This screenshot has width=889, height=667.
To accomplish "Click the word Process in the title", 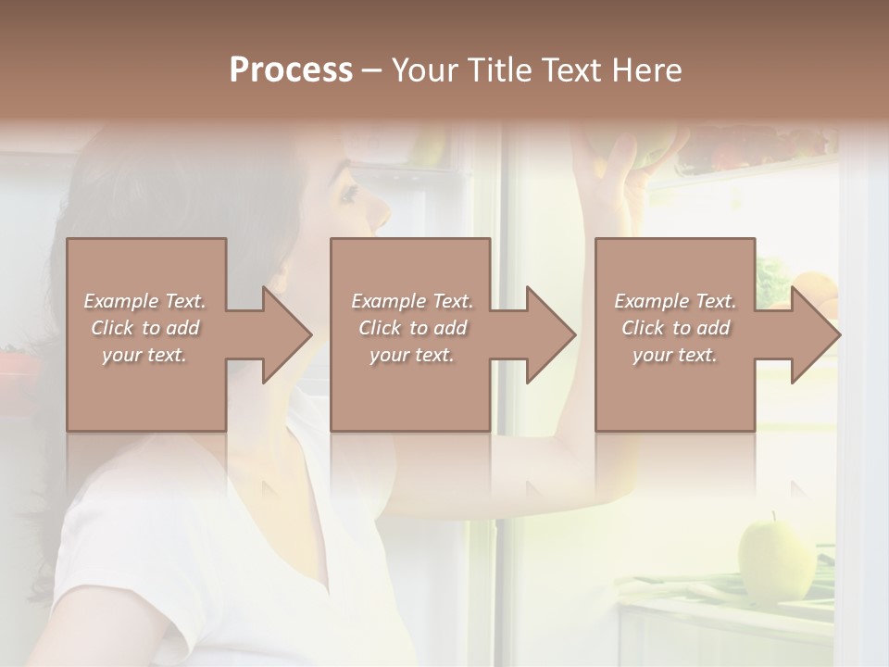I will click(x=291, y=70).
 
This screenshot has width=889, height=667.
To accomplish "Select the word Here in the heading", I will click(x=645, y=70).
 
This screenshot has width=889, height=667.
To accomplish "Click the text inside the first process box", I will click(x=144, y=327).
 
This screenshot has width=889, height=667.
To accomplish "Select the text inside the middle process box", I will click(x=411, y=327).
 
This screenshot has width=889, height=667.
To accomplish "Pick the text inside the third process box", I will click(x=675, y=327).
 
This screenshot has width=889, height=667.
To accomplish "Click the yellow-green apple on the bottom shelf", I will click(x=776, y=561).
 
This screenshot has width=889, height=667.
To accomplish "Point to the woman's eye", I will click(x=350, y=195).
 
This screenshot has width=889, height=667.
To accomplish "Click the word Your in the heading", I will click(x=425, y=70).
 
